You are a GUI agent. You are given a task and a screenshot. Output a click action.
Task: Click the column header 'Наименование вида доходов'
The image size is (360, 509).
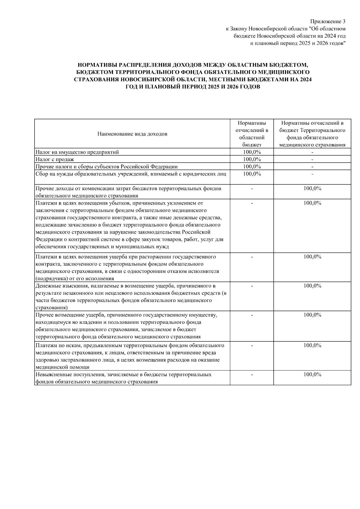[x=132, y=134]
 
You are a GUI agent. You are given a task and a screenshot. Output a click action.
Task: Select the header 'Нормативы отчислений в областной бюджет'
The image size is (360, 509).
[x=252, y=134]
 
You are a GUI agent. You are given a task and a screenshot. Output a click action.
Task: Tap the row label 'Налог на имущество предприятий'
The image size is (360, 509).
[x=77, y=152]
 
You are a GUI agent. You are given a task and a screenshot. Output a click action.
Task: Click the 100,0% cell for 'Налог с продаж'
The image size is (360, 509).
[x=252, y=159]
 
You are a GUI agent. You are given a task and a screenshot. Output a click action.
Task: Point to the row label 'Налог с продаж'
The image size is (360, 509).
[x=55, y=159]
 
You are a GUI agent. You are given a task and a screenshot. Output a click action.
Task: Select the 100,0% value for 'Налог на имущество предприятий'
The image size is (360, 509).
[x=252, y=152]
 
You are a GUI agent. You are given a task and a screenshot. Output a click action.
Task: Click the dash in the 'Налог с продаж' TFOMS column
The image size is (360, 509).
[x=312, y=160]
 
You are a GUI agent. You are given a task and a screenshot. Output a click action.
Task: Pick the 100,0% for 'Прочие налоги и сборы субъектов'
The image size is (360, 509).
[x=252, y=166]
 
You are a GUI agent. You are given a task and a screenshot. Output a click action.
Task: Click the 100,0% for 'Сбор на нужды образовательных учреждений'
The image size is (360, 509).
[x=252, y=174]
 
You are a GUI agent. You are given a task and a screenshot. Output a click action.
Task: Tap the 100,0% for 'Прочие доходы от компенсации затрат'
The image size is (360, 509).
[x=312, y=188]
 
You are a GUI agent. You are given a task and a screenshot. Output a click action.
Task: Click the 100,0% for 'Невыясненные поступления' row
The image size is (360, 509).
[x=312, y=374]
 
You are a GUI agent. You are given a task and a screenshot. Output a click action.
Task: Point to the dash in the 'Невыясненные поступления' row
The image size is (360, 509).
[x=252, y=375]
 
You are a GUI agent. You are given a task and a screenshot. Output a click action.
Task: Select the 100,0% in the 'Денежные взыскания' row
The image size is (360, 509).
[x=312, y=286]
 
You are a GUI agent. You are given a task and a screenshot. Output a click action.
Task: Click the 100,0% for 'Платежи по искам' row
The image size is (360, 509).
[x=312, y=345]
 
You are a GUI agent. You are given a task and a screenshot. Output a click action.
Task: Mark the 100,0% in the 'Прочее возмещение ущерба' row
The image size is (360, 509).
[x=312, y=315]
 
